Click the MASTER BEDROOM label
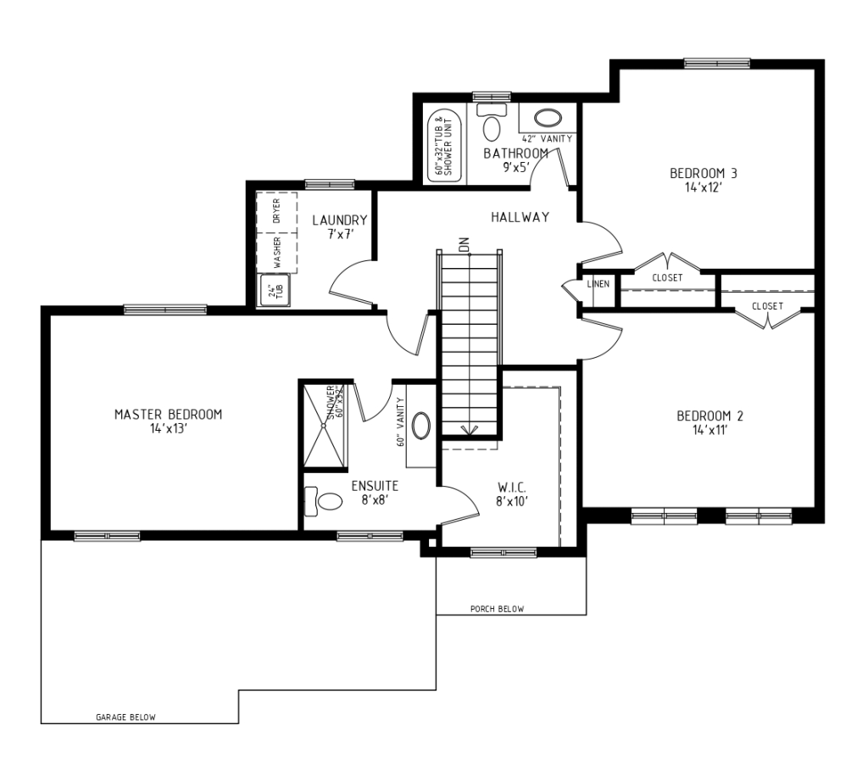click(168, 415)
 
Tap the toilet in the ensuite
click(323, 501)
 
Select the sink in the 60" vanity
click(421, 425)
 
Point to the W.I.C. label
click(512, 488)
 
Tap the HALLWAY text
click(520, 217)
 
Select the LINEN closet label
click(598, 283)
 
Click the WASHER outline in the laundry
click(277, 251)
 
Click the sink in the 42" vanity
click(548, 118)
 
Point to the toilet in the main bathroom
click(490, 125)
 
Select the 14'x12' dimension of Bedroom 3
click(703, 187)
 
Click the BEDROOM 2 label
click(709, 415)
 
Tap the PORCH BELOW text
click(497, 609)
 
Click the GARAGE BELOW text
click(125, 717)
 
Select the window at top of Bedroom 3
click(717, 63)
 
